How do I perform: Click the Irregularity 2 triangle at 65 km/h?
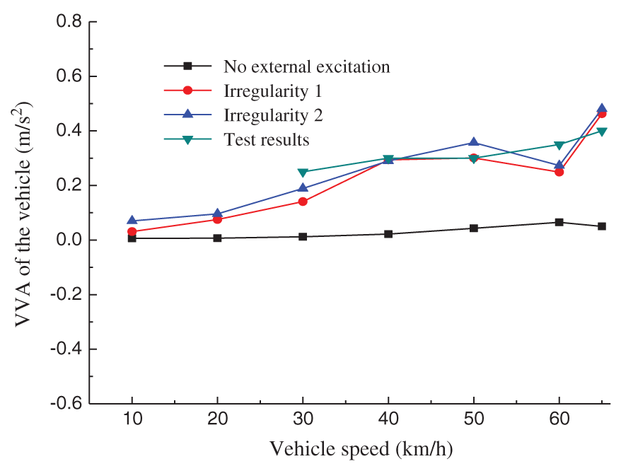click(602, 110)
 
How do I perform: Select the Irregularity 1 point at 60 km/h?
click(559, 172)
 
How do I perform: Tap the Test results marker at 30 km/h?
click(303, 172)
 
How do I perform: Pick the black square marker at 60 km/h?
click(559, 222)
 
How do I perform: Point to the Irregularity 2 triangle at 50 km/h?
click(474, 143)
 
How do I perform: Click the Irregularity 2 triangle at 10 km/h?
click(132, 221)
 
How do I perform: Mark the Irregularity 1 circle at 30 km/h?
click(303, 202)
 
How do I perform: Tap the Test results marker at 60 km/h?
click(559, 145)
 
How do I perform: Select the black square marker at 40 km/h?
click(388, 233)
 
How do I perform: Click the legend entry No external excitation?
click(306, 67)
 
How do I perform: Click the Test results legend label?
click(267, 139)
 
